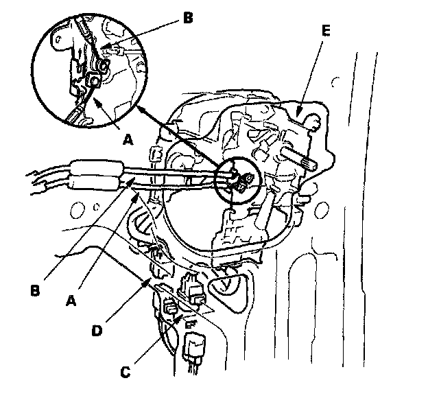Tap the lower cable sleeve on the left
pyautogui.click(x=93, y=183)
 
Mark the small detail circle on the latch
pyautogui.click(x=235, y=178)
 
